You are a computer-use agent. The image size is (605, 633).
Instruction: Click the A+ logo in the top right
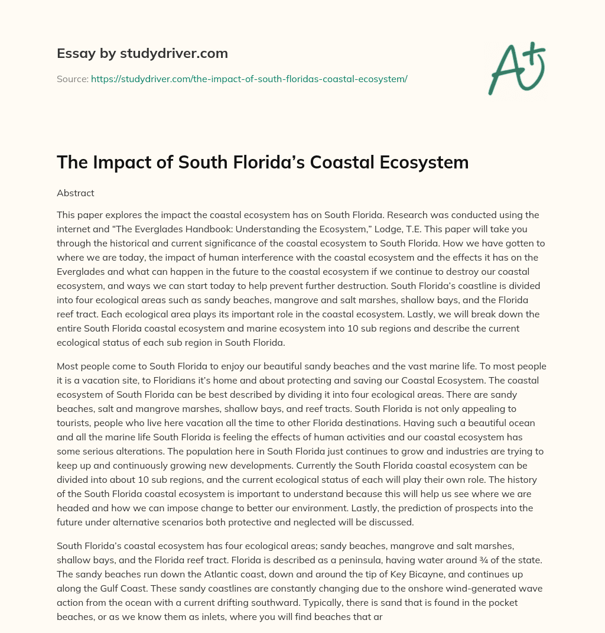click(x=516, y=68)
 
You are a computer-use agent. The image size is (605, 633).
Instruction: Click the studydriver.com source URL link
click(x=249, y=79)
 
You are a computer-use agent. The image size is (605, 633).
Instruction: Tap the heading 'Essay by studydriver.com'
click(x=142, y=53)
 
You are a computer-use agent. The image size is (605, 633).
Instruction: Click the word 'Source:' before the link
click(x=72, y=79)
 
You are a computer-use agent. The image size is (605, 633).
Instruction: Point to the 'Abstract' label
click(x=75, y=193)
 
